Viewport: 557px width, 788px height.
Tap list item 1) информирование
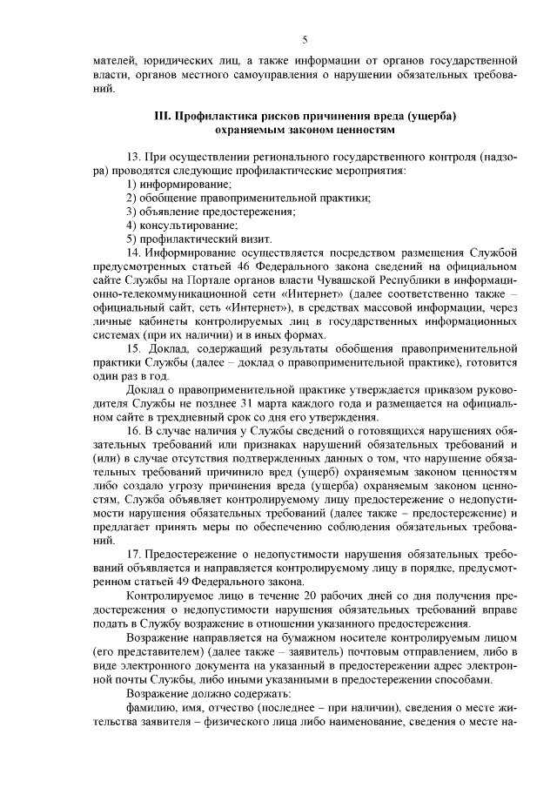click(179, 185)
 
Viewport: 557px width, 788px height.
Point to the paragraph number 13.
click(133, 156)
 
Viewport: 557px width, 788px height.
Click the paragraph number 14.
click(133, 253)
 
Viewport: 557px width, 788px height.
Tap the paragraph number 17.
click(133, 554)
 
